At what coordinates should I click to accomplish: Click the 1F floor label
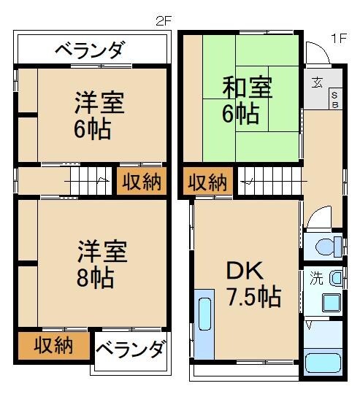[x=337, y=37]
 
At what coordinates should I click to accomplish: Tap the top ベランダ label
[x=90, y=51]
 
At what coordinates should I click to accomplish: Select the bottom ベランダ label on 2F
[x=129, y=352]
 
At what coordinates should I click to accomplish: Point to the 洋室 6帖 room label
[x=98, y=115]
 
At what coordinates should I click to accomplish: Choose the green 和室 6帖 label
[x=247, y=101]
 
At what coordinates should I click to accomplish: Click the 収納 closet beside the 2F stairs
[x=141, y=182]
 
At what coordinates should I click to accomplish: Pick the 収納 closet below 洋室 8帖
[x=53, y=344]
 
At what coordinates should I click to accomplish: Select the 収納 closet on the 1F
[x=207, y=182]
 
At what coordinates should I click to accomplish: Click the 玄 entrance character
[x=319, y=81]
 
